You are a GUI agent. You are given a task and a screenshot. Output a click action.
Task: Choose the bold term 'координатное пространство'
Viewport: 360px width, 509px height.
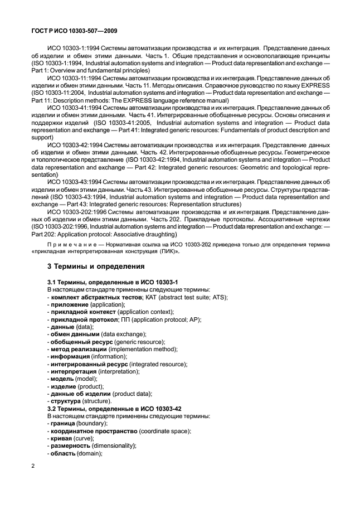click(x=98, y=431)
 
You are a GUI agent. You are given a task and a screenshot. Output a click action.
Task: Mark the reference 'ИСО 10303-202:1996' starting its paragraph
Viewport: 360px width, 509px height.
click(x=74, y=212)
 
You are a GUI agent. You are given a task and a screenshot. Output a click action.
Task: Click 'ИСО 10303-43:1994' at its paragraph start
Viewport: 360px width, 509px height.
click(x=73, y=182)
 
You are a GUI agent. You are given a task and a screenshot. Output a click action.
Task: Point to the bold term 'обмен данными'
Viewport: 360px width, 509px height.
click(x=77, y=334)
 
